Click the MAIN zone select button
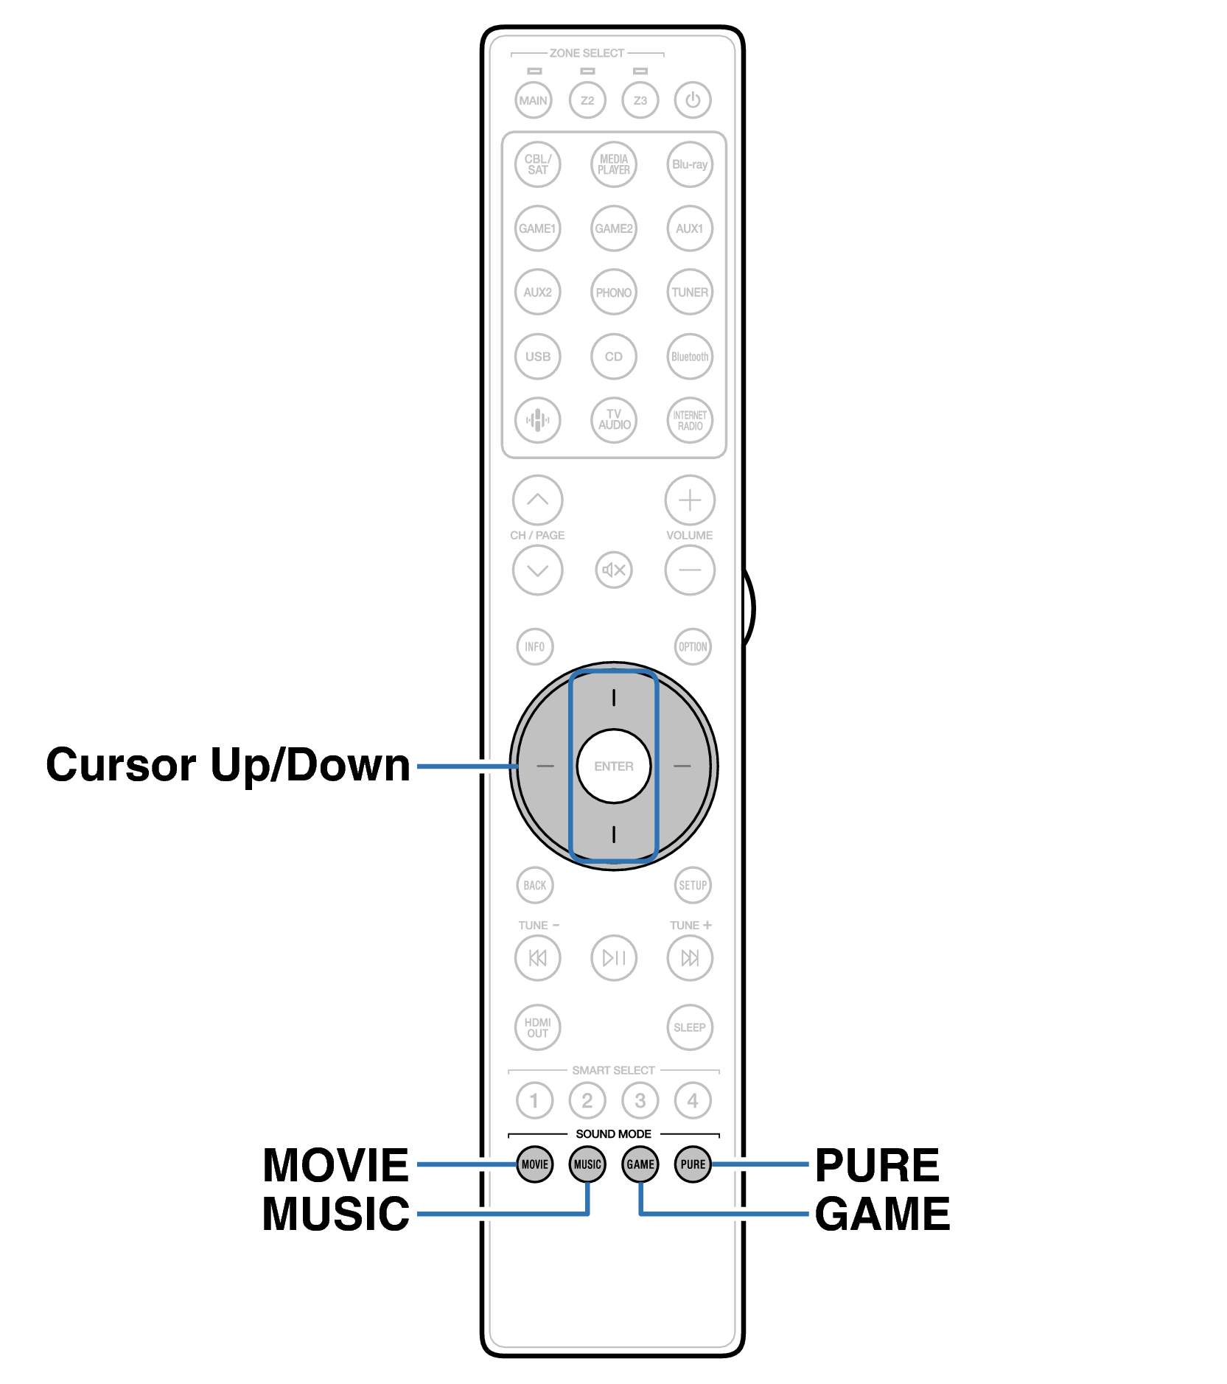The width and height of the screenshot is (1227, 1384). [x=533, y=100]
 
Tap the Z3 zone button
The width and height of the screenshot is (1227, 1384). [x=640, y=100]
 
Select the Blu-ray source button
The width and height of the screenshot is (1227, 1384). [x=689, y=164]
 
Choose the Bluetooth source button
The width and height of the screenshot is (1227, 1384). [x=689, y=357]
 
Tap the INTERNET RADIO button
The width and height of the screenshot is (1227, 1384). [x=689, y=420]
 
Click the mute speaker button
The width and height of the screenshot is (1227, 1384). [x=613, y=570]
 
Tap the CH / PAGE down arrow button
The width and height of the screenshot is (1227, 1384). [x=537, y=570]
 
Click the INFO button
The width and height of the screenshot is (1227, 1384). [x=534, y=646]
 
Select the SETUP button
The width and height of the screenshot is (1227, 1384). [x=692, y=885]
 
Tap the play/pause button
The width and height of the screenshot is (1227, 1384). [x=613, y=957]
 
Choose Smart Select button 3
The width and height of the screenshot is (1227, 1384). [x=640, y=1100]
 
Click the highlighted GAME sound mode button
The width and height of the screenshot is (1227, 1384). [x=640, y=1164]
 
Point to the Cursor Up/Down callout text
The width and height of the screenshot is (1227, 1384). [x=228, y=765]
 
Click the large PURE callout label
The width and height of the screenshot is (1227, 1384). [x=877, y=1165]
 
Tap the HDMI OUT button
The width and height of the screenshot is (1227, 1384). [x=537, y=1027]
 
